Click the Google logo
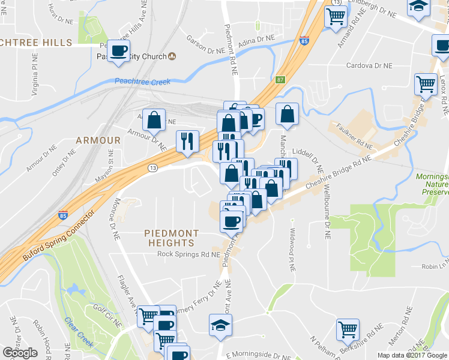tap(20, 353)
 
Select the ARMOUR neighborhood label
tap(98, 140)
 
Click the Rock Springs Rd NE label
tap(190, 254)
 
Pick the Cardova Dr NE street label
tap(369, 66)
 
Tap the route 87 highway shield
tap(280, 79)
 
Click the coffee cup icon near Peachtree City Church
tap(118, 51)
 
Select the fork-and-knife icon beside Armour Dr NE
tap(187, 141)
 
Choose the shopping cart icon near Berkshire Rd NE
tap(347, 329)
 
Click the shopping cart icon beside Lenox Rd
tap(426, 84)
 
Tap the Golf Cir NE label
tap(107, 316)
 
